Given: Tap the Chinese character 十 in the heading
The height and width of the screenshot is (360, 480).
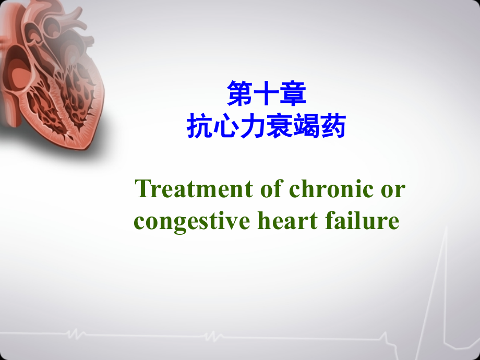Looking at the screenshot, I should point(266,94).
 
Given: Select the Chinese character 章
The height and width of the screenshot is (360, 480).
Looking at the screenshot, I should point(292,94).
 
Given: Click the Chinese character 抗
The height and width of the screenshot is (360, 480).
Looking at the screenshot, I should point(200,126).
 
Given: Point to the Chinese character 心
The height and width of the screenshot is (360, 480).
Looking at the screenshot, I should point(226,126).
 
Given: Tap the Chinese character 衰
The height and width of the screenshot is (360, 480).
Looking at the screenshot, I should point(280,126).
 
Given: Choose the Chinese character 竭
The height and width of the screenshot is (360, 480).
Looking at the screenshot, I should point(306,126).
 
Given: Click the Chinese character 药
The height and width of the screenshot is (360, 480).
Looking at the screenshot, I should point(333,126).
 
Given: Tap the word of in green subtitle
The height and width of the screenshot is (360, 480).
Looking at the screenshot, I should point(269,189).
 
